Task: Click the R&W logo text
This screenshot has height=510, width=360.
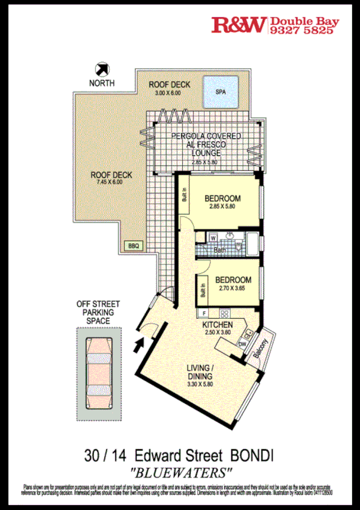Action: [x=238, y=25]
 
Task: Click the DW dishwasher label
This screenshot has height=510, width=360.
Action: [x=242, y=344]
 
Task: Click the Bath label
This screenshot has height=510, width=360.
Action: [x=218, y=249]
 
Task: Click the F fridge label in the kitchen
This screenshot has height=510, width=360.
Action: [x=205, y=313]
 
